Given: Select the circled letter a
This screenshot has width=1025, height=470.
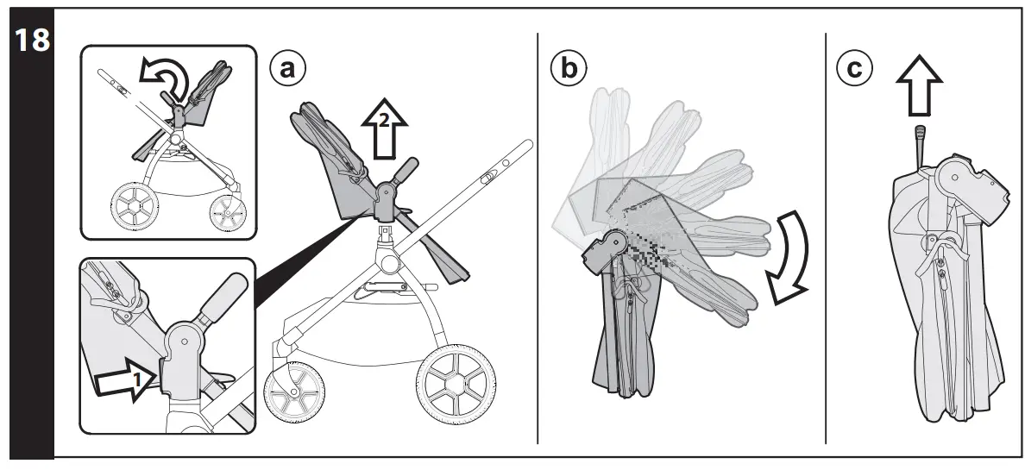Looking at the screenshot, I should tap(288, 69).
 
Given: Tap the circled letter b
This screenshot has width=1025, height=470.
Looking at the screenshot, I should tap(567, 69).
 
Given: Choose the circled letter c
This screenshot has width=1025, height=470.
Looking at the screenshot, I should tap(854, 69).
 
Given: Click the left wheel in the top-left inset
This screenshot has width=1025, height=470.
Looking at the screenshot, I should tap(135, 207).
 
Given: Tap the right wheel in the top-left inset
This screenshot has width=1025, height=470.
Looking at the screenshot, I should tap(228, 210).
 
